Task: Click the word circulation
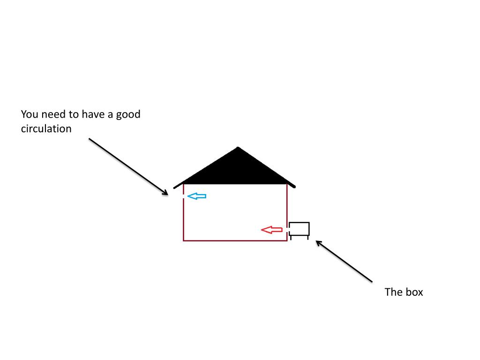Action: pos(46,128)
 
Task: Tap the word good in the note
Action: pos(128,114)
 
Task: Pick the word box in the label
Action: pos(414,292)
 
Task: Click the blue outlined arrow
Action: pos(196,196)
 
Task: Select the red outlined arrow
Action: pos(271,230)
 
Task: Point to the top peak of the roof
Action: pos(238,148)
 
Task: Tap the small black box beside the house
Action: pos(299,229)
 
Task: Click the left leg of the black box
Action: pos(291,237)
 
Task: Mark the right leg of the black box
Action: pos(308,237)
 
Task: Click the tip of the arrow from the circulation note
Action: pos(167,194)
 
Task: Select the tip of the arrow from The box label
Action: pos(316,241)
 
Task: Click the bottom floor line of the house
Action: pos(234,240)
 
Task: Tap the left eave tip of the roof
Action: pos(174,188)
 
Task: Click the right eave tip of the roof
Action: pos(295,187)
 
